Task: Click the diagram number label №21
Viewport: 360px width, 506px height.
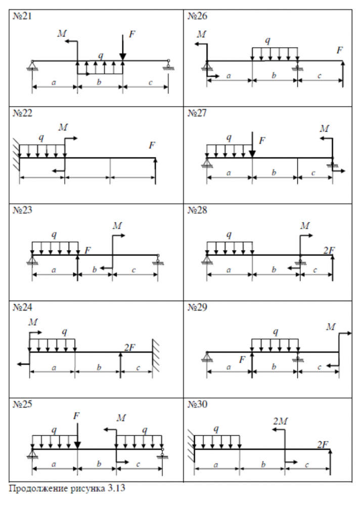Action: pyautogui.click(x=22, y=16)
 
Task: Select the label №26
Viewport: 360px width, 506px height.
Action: pyautogui.click(x=197, y=16)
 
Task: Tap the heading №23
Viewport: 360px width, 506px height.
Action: pyautogui.click(x=22, y=210)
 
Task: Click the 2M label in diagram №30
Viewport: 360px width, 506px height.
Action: pyautogui.click(x=280, y=421)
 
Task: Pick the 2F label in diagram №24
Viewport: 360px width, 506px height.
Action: pyautogui.click(x=130, y=347)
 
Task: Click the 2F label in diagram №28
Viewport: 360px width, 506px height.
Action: pyautogui.click(x=329, y=249)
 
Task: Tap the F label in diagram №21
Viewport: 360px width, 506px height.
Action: pyautogui.click(x=131, y=34)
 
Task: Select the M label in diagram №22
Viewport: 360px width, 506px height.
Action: pyautogui.click(x=63, y=127)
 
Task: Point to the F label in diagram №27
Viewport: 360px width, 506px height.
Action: pyautogui.click(x=261, y=141)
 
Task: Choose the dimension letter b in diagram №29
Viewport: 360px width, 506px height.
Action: pyautogui.click(x=274, y=367)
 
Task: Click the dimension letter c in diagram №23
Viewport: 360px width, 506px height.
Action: pyautogui.click(x=134, y=270)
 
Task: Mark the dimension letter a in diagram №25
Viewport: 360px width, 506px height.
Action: pyautogui.click(x=54, y=464)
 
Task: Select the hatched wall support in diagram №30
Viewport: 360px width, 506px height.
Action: pyautogui.click(x=191, y=445)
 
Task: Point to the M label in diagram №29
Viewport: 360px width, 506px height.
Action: pyautogui.click(x=331, y=327)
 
